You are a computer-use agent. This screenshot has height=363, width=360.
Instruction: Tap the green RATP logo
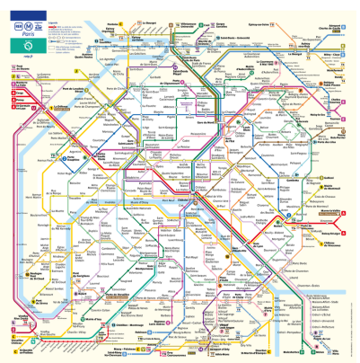coord(33,42)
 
